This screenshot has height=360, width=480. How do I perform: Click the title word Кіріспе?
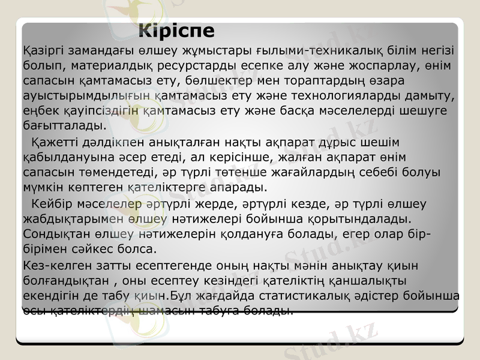(x=176, y=31)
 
